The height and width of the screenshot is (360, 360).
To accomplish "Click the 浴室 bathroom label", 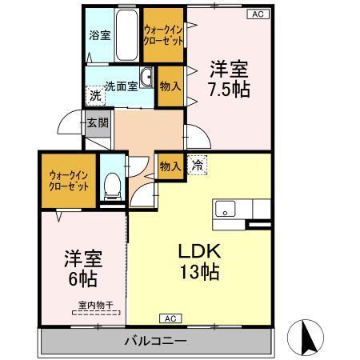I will tap(99, 36).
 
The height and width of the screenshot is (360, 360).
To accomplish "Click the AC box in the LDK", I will tap(169, 318).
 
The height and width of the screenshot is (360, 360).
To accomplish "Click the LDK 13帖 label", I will tap(199, 260).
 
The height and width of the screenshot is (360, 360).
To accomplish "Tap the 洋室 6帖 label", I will tap(82, 270).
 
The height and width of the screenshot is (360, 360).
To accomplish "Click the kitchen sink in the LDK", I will tap(226, 210).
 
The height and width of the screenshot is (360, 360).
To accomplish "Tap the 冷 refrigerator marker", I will tap(196, 166).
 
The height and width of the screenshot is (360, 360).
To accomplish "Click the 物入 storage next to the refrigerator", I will tap(169, 166).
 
